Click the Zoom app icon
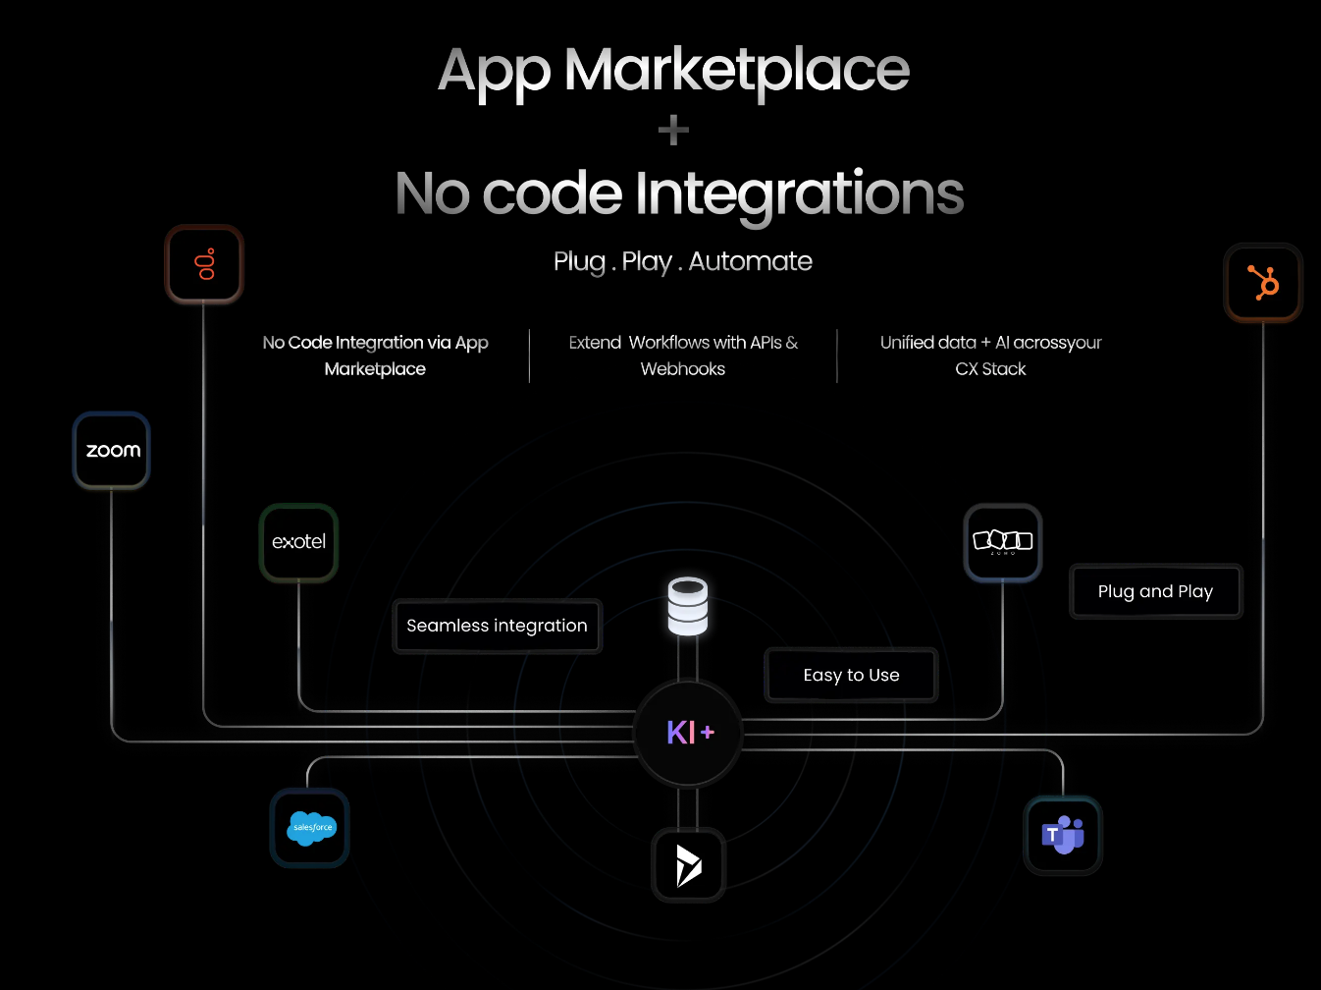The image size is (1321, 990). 112,451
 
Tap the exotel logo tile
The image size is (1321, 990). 298,542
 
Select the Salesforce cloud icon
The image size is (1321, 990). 310,828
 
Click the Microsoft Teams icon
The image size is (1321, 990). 1063,836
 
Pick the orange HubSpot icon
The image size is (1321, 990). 1263,283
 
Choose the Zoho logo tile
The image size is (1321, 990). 1002,542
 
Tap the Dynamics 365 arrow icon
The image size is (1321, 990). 689,865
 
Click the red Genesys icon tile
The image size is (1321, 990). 204,264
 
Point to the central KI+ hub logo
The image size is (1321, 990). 689,732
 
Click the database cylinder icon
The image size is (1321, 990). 687,605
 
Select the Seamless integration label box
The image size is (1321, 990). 497,626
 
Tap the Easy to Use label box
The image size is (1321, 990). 851,675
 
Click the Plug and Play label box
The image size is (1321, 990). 1155,591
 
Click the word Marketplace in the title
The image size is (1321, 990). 737,71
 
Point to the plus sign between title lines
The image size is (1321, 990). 673,131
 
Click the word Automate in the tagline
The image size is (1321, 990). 750,261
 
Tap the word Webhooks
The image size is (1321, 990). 683,369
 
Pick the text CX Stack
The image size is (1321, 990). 990,369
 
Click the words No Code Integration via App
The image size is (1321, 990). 375,343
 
